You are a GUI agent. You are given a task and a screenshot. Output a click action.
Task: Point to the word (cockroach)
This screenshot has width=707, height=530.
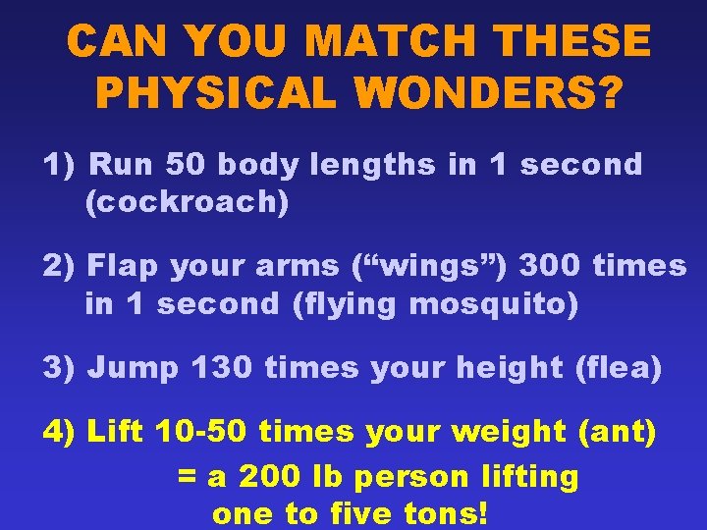click(187, 203)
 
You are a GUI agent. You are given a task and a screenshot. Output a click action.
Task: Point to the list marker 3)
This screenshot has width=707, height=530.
click(59, 369)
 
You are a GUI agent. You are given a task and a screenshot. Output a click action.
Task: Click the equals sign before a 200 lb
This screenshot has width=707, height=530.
click(187, 478)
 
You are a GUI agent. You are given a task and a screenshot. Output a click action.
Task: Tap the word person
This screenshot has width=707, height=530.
click(411, 478)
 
